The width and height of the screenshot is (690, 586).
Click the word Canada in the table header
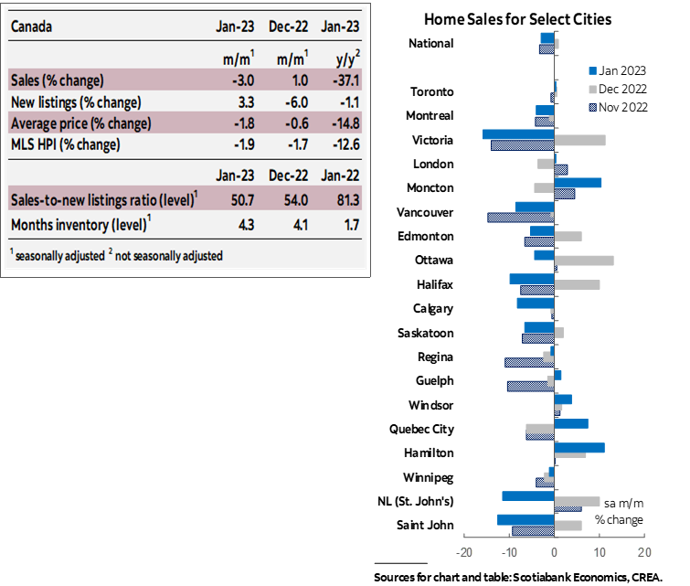click(x=32, y=26)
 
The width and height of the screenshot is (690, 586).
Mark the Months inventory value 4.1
click(x=296, y=224)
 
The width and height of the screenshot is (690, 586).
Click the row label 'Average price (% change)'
click(x=80, y=123)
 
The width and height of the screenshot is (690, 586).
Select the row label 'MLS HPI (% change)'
click(x=65, y=144)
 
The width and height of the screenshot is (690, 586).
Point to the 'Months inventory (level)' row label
click(x=79, y=224)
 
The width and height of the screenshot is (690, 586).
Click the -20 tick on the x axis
click(x=464, y=553)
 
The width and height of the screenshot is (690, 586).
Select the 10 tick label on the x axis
click(x=600, y=553)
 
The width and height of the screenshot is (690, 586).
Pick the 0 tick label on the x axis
click(x=554, y=553)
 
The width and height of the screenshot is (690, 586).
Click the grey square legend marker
click(x=593, y=90)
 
